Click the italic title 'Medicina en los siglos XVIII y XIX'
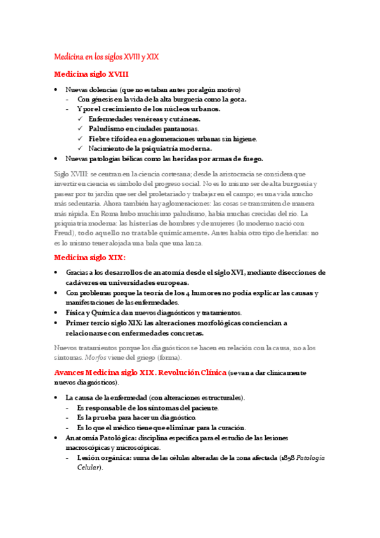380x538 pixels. pos(106,56)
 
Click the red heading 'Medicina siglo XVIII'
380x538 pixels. pos(91,74)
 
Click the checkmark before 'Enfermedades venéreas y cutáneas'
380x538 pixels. pos(80,119)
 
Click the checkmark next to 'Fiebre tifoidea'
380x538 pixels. pos(80,139)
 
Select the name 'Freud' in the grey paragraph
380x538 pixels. pos(65,216)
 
